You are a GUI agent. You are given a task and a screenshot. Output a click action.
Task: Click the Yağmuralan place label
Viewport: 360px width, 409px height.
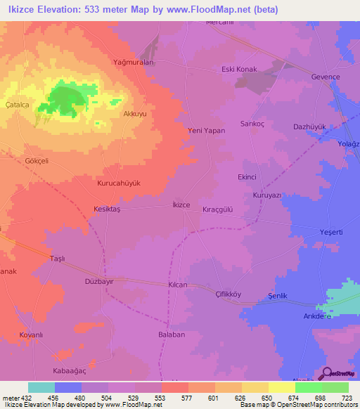pyautogui.click(x=134, y=62)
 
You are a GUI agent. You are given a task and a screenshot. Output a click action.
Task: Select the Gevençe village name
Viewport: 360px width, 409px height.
pyautogui.click(x=326, y=76)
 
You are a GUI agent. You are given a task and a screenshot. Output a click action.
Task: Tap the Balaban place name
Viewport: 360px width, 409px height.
pyautogui.click(x=172, y=335)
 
